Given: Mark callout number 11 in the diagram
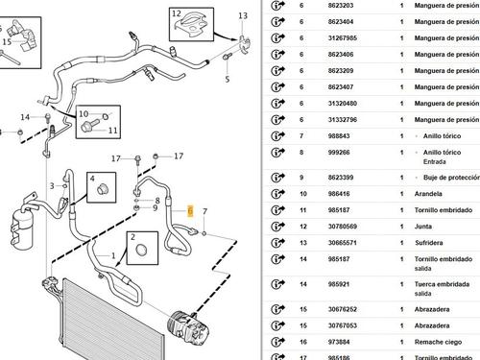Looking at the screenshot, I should point(112,130).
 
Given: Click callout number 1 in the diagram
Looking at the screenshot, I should point(114,255).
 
